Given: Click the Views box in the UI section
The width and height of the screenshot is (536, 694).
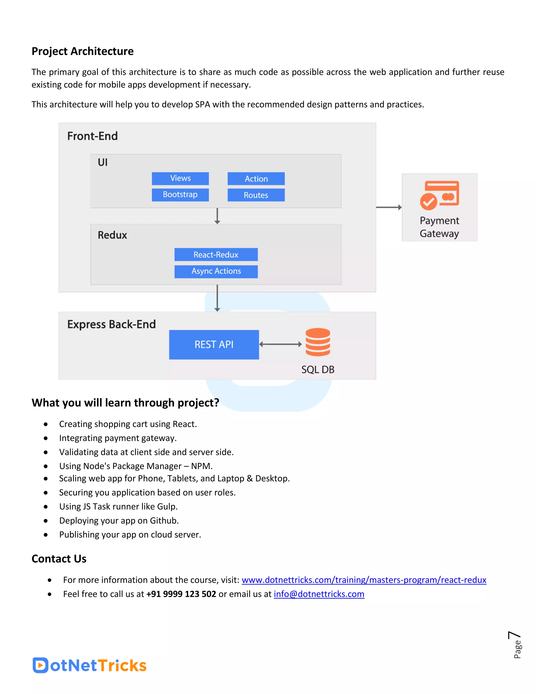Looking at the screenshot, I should pyautogui.click(x=180, y=178).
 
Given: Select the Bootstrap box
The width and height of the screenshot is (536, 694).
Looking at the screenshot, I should pyautogui.click(x=180, y=195).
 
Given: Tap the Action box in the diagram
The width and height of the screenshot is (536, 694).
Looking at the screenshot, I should pyautogui.click(x=256, y=179).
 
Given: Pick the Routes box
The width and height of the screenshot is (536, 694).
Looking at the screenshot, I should pyautogui.click(x=256, y=195).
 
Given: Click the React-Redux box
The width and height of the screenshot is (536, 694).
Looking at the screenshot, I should pyautogui.click(x=216, y=255).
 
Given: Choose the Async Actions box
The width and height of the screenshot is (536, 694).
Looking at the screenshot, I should pyautogui.click(x=216, y=271).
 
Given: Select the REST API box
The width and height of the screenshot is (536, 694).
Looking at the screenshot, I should pyautogui.click(x=214, y=344).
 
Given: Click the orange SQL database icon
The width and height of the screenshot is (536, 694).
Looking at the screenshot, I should pyautogui.click(x=317, y=342).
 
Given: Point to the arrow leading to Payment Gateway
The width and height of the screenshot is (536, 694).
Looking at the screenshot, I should pyautogui.click(x=389, y=207).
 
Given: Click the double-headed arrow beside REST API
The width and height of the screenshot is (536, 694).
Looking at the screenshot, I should pyautogui.click(x=280, y=344).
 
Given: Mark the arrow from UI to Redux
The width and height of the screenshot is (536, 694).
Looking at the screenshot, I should pyautogui.click(x=217, y=216).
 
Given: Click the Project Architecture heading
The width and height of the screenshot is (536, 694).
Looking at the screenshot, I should pyautogui.click(x=82, y=51).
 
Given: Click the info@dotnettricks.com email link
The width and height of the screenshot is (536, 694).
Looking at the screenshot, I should pyautogui.click(x=319, y=594).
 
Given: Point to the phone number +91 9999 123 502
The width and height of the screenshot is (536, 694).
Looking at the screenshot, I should pyautogui.click(x=181, y=594).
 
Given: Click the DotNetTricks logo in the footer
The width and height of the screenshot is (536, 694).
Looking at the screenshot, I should pyautogui.click(x=89, y=665).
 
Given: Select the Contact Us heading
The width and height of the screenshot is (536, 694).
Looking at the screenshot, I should pyautogui.click(x=59, y=559).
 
